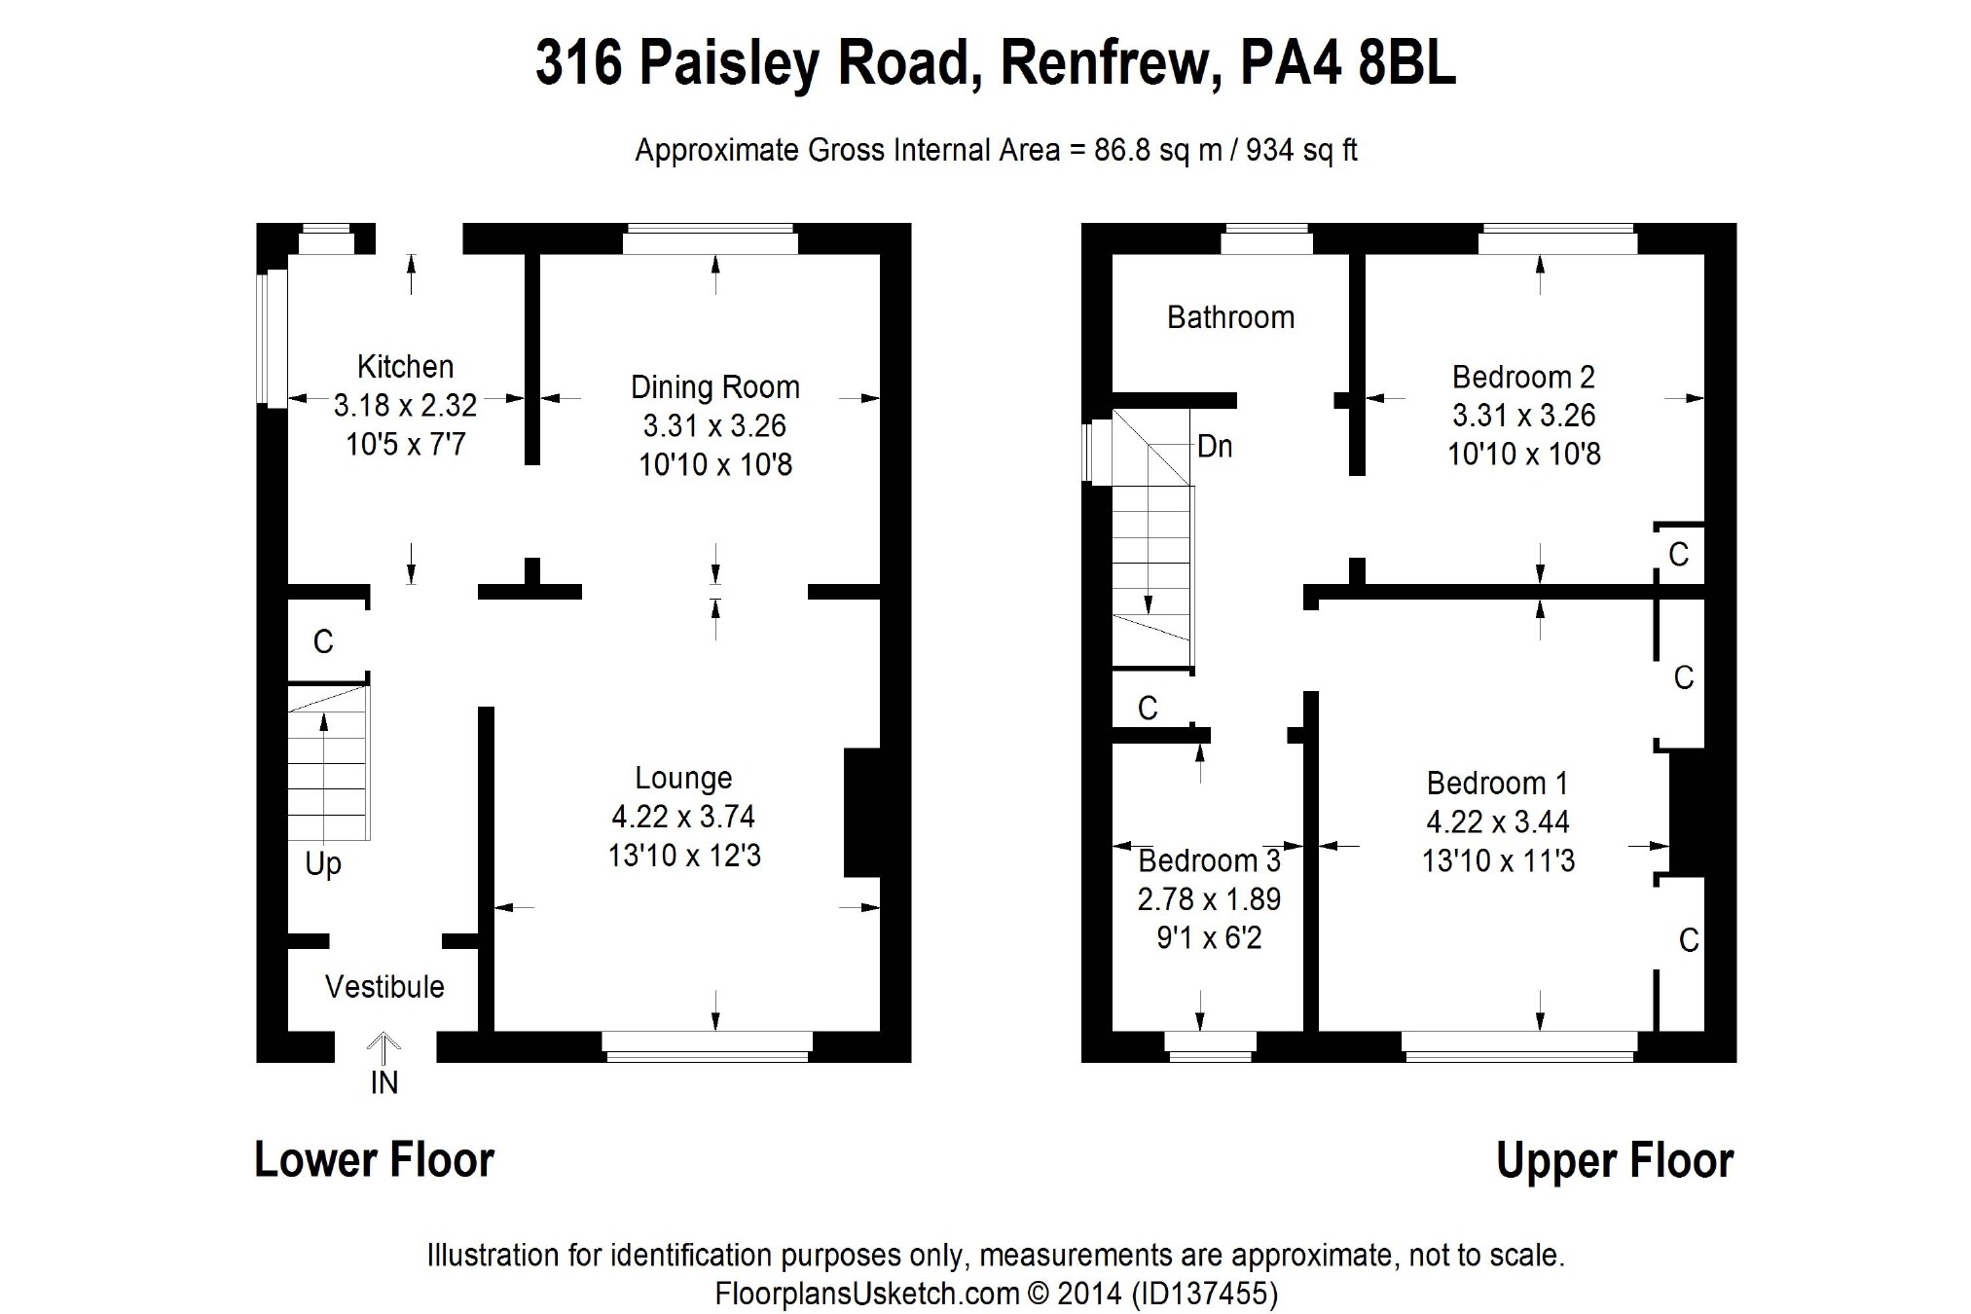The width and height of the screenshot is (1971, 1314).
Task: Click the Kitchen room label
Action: (x=405, y=367)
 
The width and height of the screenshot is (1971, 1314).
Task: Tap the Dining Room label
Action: (x=714, y=387)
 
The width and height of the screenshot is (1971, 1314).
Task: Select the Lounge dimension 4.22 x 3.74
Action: (x=683, y=817)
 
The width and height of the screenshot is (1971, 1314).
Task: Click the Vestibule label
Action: (x=384, y=987)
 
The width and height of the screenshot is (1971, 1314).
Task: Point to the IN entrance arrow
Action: (x=383, y=1051)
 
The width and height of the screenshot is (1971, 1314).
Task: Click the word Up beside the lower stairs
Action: (x=323, y=864)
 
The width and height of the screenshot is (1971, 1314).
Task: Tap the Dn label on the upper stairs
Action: (x=1215, y=447)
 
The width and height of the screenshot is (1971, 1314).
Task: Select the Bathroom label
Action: (x=1230, y=317)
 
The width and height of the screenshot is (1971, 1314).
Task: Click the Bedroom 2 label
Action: (x=1523, y=377)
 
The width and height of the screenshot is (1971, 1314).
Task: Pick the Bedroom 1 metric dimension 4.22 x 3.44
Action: (x=1498, y=822)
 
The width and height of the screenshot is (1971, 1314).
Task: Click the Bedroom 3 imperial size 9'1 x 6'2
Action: (x=1209, y=938)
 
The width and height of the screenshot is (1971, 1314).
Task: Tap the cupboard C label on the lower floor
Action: (x=323, y=642)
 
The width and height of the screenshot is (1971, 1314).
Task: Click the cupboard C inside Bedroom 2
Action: (x=1678, y=555)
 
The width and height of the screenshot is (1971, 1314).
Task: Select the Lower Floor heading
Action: (x=375, y=1160)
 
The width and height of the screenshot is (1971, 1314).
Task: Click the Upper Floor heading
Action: (x=1615, y=1160)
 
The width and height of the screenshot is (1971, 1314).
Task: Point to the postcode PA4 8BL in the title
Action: (x=1347, y=64)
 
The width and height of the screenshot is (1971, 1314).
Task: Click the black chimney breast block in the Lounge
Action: (x=861, y=813)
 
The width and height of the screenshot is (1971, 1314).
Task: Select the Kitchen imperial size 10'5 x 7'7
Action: (x=405, y=445)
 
